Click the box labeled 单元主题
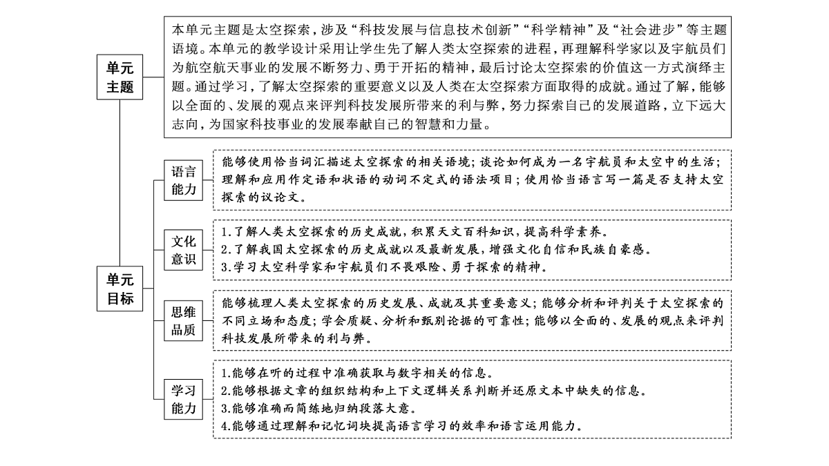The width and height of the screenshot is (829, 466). tap(120, 77)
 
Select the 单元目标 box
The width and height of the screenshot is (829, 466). tap(120, 289)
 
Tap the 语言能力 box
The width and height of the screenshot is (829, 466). tap(183, 180)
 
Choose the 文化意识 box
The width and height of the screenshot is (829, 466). tap(183, 250)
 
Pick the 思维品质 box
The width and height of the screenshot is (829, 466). tap(183, 320)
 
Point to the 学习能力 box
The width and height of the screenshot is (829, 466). tap(183, 399)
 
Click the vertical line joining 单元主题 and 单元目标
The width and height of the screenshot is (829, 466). tap(120, 183)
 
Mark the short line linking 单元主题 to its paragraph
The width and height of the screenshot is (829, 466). tap(153, 77)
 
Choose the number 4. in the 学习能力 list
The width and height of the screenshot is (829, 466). tap(226, 426)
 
